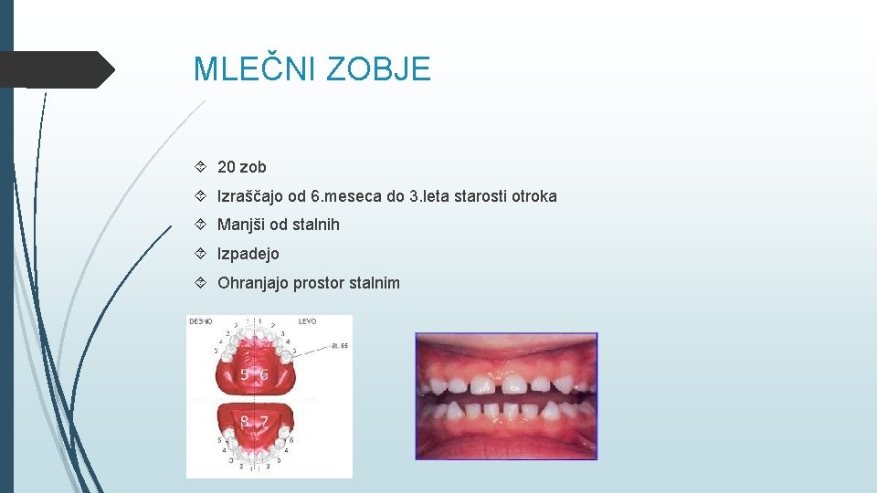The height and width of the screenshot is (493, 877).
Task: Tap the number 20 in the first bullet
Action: click(x=227, y=167)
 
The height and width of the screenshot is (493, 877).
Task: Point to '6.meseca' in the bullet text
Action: click(x=341, y=196)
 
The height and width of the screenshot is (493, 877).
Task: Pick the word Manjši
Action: click(x=241, y=225)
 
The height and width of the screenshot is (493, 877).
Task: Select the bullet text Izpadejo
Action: click(x=248, y=254)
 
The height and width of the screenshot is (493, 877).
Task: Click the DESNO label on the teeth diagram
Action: click(x=201, y=321)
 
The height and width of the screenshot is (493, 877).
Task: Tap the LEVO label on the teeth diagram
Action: click(x=308, y=321)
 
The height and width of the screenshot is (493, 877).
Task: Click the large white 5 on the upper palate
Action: click(x=246, y=375)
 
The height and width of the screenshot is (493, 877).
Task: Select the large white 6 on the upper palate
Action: click(x=264, y=375)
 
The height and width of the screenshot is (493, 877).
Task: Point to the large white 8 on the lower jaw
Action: click(x=246, y=422)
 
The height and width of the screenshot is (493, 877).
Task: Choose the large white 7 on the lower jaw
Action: click(x=263, y=422)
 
